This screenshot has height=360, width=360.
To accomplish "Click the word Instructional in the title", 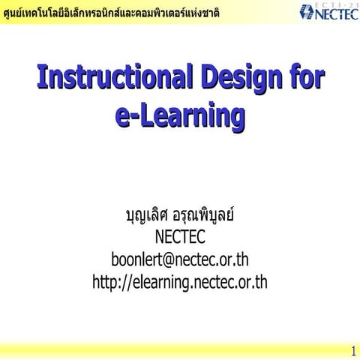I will click(113, 76).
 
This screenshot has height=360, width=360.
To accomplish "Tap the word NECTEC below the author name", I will click(180, 238).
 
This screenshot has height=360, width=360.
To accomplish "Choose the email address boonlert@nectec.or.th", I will click(180, 260).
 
